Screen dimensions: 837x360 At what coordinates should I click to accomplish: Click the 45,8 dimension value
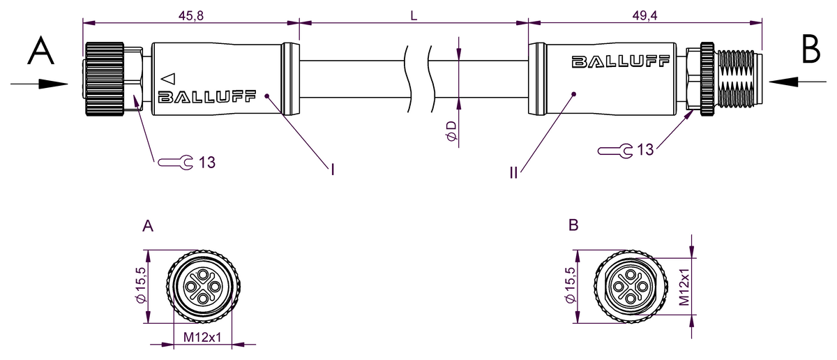(191, 15)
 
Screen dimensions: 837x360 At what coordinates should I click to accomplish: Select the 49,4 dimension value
(644, 15)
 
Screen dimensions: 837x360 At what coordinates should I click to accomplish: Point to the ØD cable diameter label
(452, 131)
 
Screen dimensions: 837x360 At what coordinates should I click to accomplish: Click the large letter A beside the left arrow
(41, 51)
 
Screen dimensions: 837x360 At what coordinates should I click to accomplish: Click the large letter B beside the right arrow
(810, 49)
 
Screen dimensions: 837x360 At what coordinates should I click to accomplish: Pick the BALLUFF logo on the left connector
(207, 96)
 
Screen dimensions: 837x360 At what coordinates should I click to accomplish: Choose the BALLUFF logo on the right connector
(621, 61)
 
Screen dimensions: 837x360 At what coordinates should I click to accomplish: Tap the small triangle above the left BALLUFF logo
(168, 79)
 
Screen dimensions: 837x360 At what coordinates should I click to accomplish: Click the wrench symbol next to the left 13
(175, 163)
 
